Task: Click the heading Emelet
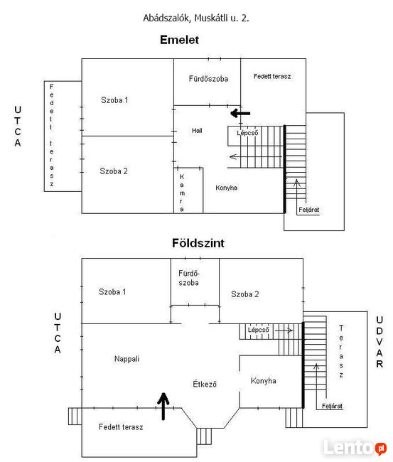point(179,40)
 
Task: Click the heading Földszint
point(198,243)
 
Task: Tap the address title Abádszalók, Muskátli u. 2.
point(196,18)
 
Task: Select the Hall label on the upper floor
point(197,131)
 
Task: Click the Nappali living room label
point(126,359)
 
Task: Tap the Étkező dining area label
point(205,384)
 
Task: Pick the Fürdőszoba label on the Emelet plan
point(208,79)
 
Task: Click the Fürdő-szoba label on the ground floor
point(189,278)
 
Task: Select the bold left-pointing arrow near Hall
point(240,113)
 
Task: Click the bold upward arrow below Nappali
point(163,406)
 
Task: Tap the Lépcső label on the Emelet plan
point(247,133)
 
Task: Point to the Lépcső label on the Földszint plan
point(259,330)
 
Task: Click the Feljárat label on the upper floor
point(308,210)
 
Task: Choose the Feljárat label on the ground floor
point(332,406)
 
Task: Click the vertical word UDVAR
point(379,342)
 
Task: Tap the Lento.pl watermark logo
point(355,448)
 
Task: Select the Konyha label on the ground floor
point(264,381)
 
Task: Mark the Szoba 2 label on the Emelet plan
point(114,171)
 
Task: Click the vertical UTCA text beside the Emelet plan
point(18,126)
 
